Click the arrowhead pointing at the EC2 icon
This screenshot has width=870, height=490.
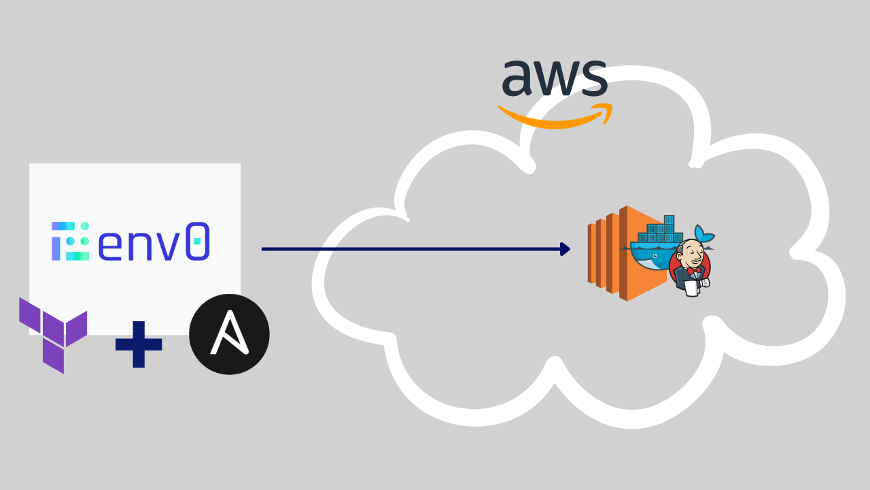[565, 249]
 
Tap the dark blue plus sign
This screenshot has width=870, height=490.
[139, 344]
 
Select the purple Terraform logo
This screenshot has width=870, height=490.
[54, 334]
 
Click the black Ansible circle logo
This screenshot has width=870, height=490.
[229, 334]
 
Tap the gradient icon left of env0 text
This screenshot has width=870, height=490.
[70, 240]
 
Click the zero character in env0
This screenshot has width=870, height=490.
[197, 241]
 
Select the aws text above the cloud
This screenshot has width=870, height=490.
[554, 79]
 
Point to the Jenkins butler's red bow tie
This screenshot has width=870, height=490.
[693, 270]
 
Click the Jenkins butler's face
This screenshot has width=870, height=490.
[692, 252]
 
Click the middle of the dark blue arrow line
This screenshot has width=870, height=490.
[415, 249]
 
